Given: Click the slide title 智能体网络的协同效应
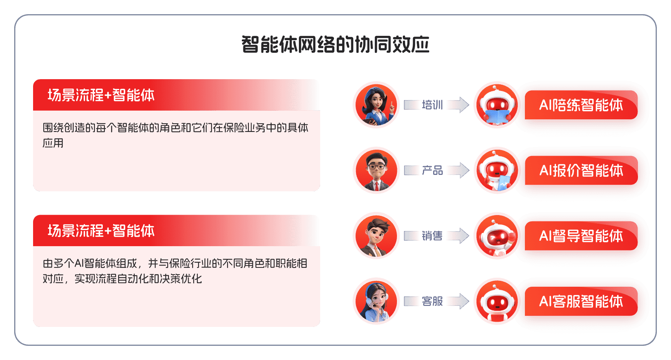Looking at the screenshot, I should click(335, 45).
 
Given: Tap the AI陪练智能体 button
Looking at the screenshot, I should click(581, 105).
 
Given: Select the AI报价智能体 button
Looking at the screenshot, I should click(581, 171).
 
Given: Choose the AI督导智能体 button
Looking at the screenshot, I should click(581, 236).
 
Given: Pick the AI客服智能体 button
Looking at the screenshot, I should click(581, 301).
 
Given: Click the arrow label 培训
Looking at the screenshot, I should click(432, 105).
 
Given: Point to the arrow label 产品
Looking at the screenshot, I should click(432, 171).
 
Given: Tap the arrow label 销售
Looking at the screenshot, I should click(432, 236).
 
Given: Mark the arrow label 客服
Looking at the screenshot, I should click(432, 301).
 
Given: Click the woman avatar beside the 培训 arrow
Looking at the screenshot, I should click(376, 105).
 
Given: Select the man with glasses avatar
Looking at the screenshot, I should click(376, 170).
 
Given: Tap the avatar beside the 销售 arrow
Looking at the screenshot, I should click(376, 236).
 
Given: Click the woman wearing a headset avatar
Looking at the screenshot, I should click(376, 301).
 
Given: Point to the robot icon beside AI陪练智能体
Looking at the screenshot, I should click(497, 105).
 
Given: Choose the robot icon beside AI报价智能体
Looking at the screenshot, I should click(497, 170).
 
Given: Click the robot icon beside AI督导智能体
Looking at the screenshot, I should click(497, 236).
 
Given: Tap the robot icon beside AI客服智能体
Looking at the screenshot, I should click(497, 301).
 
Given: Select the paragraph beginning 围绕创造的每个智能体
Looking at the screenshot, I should click(175, 135).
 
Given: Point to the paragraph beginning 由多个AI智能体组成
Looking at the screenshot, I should click(175, 271).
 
